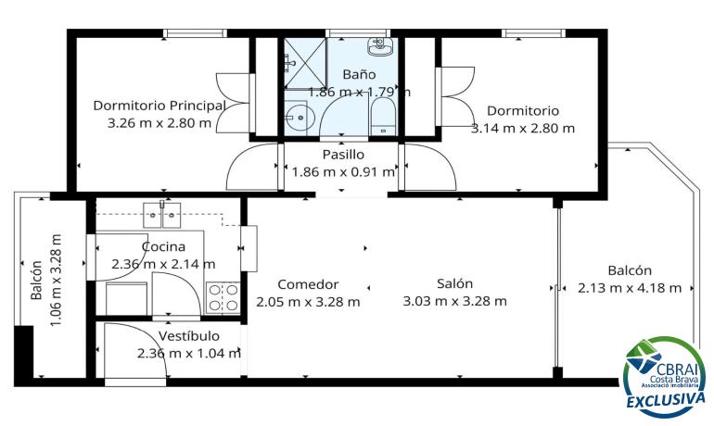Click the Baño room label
(359, 74)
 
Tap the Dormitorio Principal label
(159, 106)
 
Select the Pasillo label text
(343, 155)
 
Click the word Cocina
(163, 247)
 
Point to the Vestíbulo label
(189, 336)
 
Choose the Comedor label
(308, 284)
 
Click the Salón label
(455, 283)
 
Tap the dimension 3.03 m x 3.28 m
(455, 301)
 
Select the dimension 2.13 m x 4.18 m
(630, 288)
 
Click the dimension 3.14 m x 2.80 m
(523, 128)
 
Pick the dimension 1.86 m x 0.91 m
(343, 172)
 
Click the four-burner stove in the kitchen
(223, 298)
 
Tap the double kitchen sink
(162, 215)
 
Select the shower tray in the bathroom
(306, 63)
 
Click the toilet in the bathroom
(382, 117)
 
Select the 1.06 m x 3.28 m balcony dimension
(55, 280)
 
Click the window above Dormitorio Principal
(195, 33)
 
